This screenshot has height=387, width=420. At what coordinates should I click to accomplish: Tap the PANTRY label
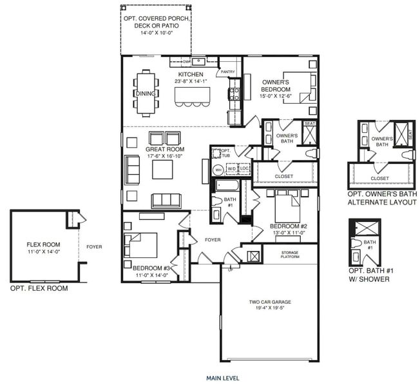[228, 72]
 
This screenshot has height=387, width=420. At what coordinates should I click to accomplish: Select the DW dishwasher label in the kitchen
[186, 63]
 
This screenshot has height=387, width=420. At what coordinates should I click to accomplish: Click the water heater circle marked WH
[218, 170]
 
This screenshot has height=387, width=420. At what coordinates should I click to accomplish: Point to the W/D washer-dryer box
[231, 169]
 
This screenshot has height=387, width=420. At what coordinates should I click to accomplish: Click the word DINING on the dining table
[144, 94]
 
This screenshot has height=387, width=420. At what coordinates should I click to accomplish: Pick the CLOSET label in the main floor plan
[283, 176]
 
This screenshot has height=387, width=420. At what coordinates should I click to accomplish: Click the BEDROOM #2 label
[285, 226]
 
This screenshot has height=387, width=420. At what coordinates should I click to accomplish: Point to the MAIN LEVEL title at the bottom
[222, 378]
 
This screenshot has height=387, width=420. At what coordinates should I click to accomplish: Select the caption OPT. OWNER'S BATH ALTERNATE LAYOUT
[381, 198]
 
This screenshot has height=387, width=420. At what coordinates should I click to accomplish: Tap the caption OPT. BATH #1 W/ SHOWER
[368, 275]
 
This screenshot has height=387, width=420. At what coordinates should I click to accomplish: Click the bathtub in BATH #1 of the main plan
[227, 187]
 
